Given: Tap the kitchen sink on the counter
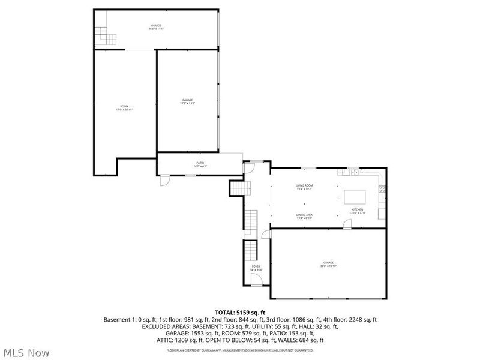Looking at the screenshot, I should pos(355,172).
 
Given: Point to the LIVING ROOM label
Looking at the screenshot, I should pos(304,187).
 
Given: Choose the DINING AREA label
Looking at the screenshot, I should pos(304,216).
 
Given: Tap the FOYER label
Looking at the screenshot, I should pos(256,268).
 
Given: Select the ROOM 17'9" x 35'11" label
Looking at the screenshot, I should pos(124,108).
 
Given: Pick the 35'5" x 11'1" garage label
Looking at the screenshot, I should pos(156,27).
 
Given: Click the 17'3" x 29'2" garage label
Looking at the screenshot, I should pos(188,101).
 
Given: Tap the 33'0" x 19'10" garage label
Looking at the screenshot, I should pos(328,264).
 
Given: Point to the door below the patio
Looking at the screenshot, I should pos(165,179).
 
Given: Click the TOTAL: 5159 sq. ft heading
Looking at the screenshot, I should pos(240,313).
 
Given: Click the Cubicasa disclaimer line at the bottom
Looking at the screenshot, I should pos(240,350).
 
